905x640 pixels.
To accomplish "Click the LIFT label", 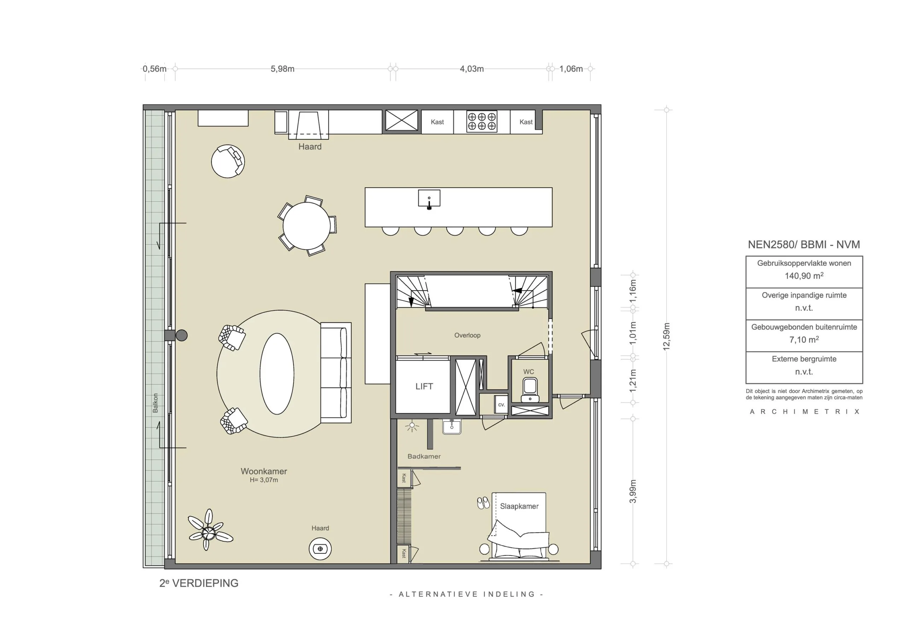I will pyautogui.click(x=424, y=386).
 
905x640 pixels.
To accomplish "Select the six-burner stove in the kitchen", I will pyautogui.click(x=482, y=121).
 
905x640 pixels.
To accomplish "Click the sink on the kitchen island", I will pyautogui.click(x=429, y=199).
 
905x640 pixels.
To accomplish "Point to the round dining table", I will pyautogui.click(x=306, y=226).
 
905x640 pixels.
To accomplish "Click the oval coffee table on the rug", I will pyautogui.click(x=277, y=373).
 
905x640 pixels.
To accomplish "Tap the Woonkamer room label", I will pyautogui.click(x=264, y=471).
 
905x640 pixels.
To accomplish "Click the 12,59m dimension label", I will pyautogui.click(x=666, y=336).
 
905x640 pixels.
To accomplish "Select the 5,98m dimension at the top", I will pyautogui.click(x=282, y=69).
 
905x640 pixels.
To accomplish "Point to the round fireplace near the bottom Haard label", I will pyautogui.click(x=320, y=548).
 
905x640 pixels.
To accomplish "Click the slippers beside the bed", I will pyautogui.click(x=483, y=503).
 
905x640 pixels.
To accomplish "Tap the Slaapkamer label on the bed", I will pyautogui.click(x=519, y=506).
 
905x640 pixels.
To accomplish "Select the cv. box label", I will pyautogui.click(x=501, y=405).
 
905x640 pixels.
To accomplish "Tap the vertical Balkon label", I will pyautogui.click(x=155, y=403).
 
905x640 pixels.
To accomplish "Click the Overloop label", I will pyautogui.click(x=467, y=335).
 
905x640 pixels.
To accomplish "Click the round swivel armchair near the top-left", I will pyautogui.click(x=228, y=161).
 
